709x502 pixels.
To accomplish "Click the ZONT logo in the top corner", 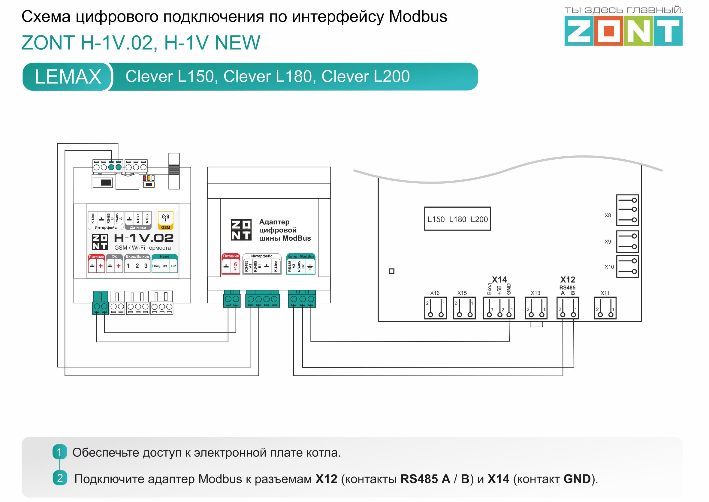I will (623, 31).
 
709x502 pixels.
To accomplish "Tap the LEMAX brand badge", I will (68, 77).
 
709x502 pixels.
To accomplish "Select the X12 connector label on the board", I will (568, 280).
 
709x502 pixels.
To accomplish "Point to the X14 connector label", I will (499, 280).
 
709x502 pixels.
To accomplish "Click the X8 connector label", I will (608, 215).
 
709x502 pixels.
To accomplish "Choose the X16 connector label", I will (435, 293).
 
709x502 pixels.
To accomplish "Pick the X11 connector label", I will (605, 293).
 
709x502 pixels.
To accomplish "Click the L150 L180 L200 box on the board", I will (457, 219).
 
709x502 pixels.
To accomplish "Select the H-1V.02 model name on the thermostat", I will (144, 238).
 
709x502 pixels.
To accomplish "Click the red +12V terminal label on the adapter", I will (235, 266).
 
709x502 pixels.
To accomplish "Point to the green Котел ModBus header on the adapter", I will (301, 256).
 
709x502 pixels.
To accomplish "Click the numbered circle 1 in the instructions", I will (59, 452).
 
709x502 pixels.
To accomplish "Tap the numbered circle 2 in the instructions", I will (60, 478).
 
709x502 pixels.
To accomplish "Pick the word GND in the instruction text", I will (577, 479).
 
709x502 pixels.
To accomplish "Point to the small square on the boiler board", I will (391, 271).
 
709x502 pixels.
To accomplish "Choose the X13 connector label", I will (536, 293).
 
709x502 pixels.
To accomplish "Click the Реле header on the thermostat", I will (164, 256).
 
